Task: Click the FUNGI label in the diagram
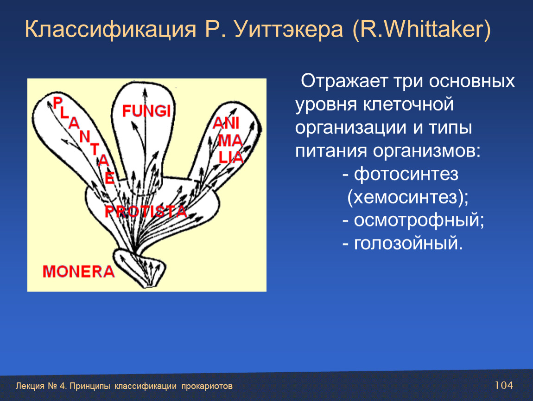[146, 111]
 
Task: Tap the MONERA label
[78, 272]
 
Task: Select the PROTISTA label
[146, 211]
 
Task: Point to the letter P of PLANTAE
[58, 103]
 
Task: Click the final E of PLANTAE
[110, 178]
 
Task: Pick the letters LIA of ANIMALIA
[231, 158]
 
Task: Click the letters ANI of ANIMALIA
[226, 123]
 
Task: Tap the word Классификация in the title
[111, 29]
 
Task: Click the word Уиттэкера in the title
[289, 29]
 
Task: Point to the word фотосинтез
[406, 174]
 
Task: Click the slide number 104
[504, 385]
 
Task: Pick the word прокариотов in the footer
[207, 386]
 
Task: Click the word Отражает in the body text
[344, 81]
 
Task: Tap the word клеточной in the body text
[408, 104]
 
